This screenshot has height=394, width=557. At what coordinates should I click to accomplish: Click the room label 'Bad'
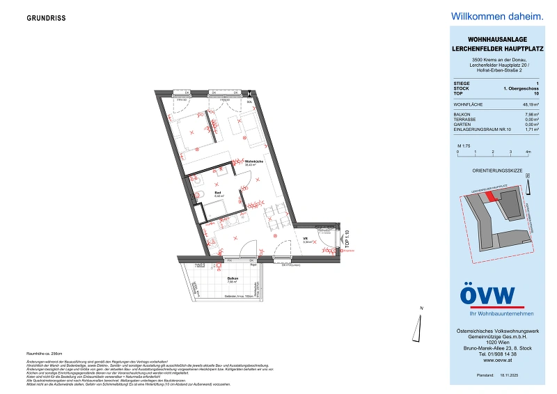point(217,192)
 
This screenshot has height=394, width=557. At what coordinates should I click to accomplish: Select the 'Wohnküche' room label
point(253,161)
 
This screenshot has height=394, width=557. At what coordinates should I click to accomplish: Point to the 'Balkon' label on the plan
point(233,279)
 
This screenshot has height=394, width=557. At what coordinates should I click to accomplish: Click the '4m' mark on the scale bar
point(528,151)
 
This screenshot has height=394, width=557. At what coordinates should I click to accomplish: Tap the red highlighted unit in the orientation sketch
point(492,197)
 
